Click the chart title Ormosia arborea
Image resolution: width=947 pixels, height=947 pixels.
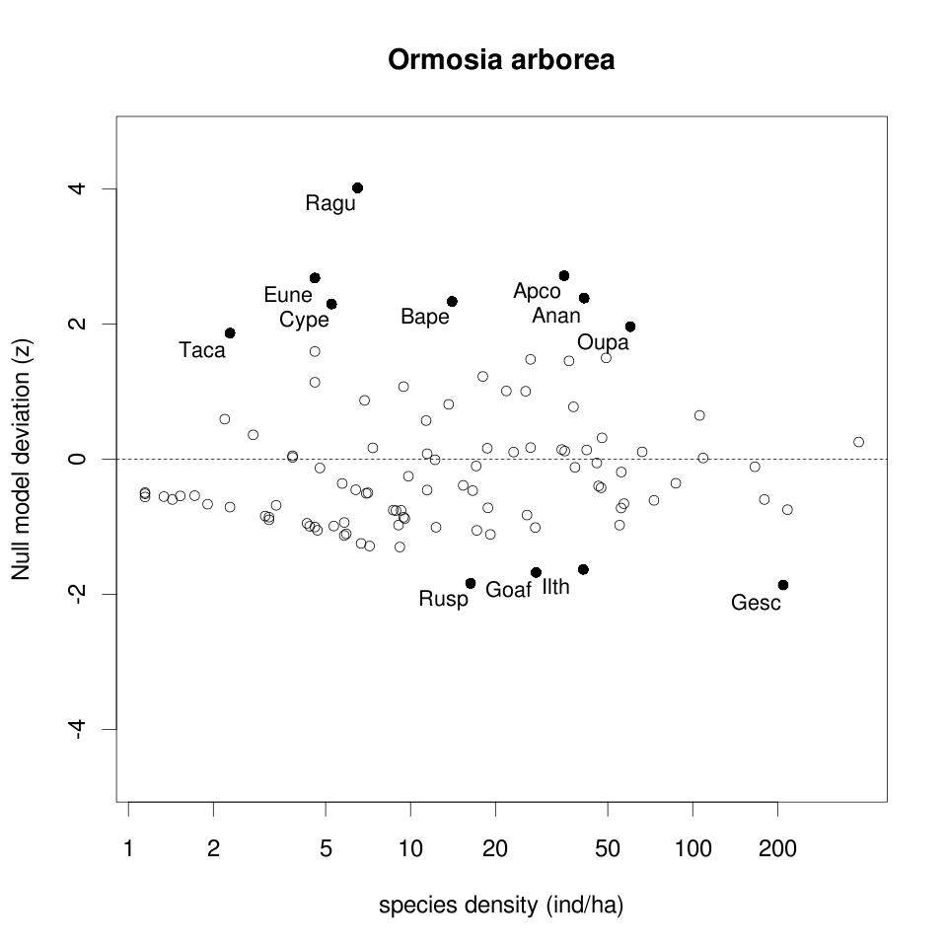501,61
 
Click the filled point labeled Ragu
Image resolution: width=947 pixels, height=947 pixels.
357,187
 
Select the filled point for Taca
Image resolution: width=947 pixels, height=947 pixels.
230,333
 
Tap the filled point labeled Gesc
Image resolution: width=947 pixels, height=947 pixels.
783,585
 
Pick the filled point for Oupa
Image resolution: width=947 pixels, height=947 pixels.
630,327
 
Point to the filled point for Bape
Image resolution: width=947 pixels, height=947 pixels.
452,301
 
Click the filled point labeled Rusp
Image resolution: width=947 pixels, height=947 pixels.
471,583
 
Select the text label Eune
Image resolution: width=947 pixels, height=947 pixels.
288,295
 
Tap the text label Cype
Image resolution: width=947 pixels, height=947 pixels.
304,320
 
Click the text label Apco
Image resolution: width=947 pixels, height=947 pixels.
537,292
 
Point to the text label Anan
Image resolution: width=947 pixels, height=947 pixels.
556,316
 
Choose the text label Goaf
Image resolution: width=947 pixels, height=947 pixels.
509,591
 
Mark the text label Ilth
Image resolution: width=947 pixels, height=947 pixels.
556,587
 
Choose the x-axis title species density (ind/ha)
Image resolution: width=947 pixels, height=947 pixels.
501,905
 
